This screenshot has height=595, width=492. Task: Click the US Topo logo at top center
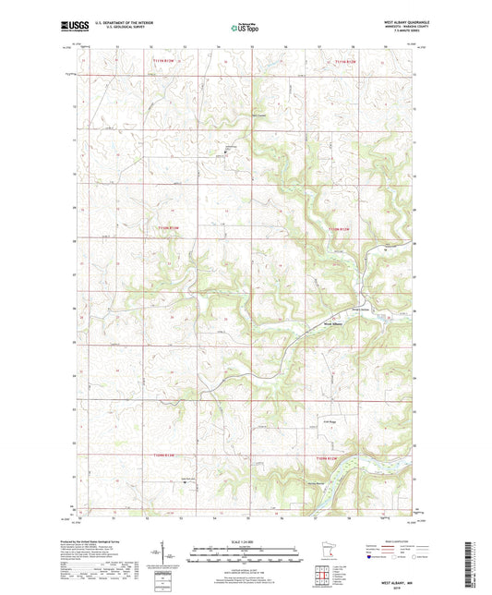click(x=244, y=28)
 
